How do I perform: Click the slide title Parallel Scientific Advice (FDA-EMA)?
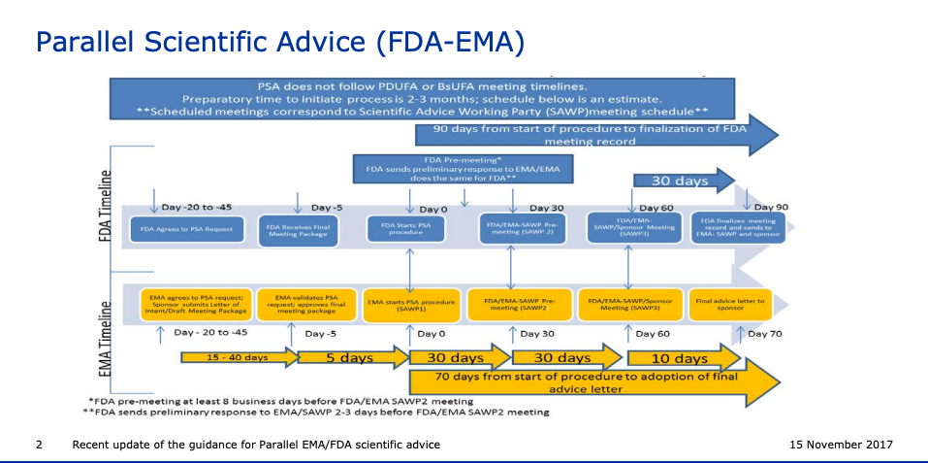tap(280, 41)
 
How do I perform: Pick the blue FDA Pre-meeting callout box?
tap(463, 168)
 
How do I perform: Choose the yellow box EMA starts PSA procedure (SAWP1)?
tap(411, 302)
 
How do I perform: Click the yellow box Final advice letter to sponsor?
tap(730, 302)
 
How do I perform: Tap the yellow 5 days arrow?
tap(344, 357)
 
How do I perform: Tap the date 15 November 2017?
tap(842, 445)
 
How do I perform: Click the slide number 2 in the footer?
tap(39, 445)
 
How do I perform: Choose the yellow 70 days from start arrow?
tap(601, 382)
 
